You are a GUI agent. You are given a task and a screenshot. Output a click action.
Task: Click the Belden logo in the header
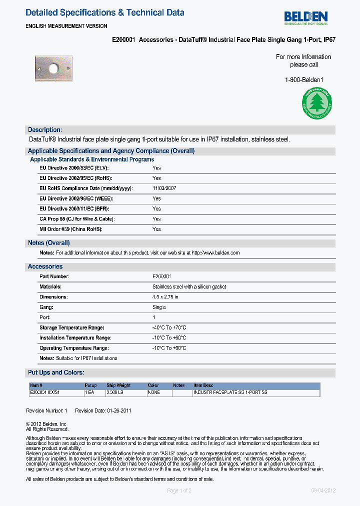pyautogui.click(x=305, y=17)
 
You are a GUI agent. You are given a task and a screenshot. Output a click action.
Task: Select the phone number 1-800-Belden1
pyautogui.click(x=303, y=80)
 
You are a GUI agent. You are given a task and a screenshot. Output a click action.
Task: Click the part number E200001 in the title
pyautogui.click(x=123, y=39)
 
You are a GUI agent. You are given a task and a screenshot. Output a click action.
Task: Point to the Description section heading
pyautogui.click(x=45, y=129)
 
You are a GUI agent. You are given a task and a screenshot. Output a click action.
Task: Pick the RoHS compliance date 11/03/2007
pyautogui.click(x=164, y=188)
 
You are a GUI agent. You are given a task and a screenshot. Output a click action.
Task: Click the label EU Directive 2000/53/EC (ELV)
pyautogui.click(x=74, y=168)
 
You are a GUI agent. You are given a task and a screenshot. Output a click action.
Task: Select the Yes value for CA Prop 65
pyautogui.click(x=156, y=219)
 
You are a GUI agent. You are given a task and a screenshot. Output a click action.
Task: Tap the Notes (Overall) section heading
pyautogui.click(x=48, y=243)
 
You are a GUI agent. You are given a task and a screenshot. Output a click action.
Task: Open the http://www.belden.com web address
pyautogui.click(x=215, y=253)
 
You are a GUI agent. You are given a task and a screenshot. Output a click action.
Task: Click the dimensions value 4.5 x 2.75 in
pyautogui.click(x=165, y=297)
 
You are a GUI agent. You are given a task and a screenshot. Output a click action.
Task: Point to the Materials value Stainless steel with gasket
pyautogui.click(x=189, y=287)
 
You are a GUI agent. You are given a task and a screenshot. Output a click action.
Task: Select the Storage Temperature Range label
pyautogui.click(x=71, y=327)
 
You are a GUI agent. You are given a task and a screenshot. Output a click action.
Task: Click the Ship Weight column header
pyautogui.click(x=118, y=385)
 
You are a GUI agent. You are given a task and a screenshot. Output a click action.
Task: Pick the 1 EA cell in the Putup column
pyautogui.click(x=89, y=392)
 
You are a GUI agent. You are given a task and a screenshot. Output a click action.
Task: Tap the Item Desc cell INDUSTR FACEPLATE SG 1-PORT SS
pyautogui.click(x=230, y=392)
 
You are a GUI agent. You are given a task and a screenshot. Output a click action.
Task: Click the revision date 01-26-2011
pyautogui.click(x=119, y=410)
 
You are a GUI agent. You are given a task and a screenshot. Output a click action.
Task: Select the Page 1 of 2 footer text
pyautogui.click(x=179, y=490)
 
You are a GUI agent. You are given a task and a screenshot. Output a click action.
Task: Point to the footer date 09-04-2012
pyautogui.click(x=323, y=490)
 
